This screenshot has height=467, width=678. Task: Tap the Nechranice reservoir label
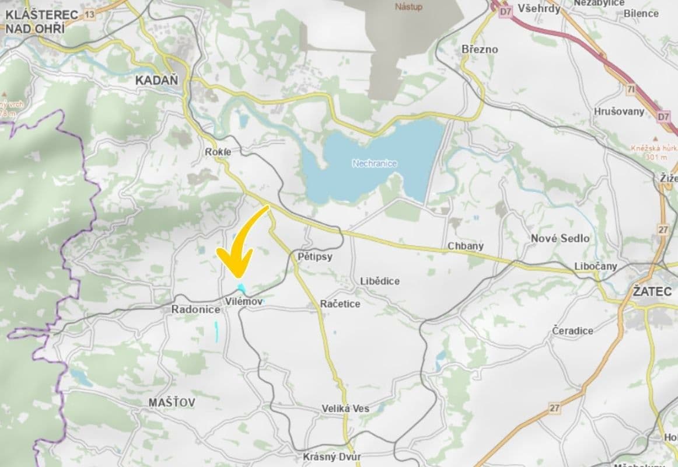(x=375, y=163)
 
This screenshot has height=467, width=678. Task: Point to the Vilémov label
(x=244, y=302)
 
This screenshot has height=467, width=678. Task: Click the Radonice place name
(x=195, y=309)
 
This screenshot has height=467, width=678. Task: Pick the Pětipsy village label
(x=314, y=256)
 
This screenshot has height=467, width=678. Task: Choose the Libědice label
(x=380, y=281)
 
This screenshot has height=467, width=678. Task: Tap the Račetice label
(x=340, y=304)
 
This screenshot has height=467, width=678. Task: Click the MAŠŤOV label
(x=172, y=403)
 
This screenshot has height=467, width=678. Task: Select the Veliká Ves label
(x=345, y=409)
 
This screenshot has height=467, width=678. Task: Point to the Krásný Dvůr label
(x=332, y=456)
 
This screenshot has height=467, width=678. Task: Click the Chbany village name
(x=466, y=246)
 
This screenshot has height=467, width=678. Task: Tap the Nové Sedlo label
(x=560, y=238)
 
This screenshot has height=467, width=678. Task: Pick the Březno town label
(x=480, y=49)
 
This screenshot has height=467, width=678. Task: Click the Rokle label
(x=218, y=152)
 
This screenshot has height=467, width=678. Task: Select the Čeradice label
(x=572, y=330)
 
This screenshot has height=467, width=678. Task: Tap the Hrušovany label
(x=619, y=111)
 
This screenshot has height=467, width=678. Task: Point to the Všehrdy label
(x=539, y=9)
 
